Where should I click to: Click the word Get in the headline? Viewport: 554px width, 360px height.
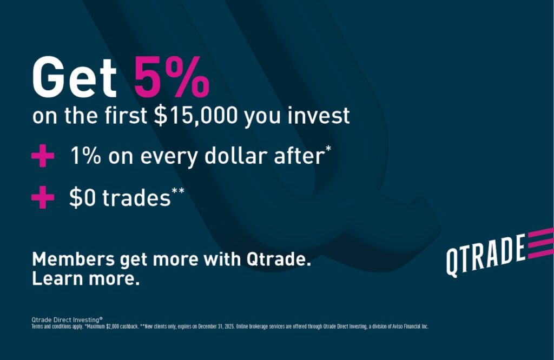point(74,77)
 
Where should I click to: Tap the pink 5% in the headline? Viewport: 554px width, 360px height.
point(172,77)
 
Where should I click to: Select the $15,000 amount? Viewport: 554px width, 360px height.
point(196,116)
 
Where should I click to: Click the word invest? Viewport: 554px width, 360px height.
point(318,115)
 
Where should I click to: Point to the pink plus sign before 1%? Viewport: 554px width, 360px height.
point(43,155)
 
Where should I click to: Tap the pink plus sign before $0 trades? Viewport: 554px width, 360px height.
point(43,197)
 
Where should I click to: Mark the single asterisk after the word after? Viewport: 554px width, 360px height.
point(328,148)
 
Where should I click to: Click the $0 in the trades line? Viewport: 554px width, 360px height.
point(82,197)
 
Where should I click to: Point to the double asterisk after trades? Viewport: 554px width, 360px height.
point(178,191)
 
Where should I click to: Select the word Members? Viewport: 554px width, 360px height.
point(74,259)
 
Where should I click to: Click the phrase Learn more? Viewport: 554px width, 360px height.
point(86,278)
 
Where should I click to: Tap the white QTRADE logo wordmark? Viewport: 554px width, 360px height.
point(485,255)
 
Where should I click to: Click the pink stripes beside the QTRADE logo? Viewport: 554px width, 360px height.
point(540,243)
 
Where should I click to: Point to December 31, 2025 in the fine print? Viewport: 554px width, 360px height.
point(216,326)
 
